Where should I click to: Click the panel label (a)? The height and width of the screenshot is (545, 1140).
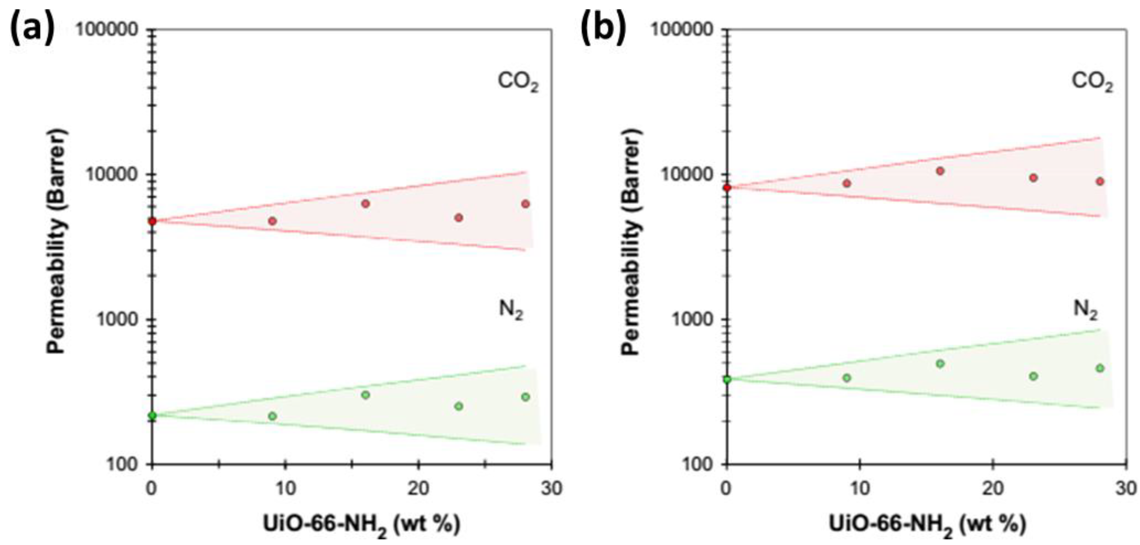point(32,28)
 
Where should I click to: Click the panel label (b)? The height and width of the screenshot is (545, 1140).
point(603,28)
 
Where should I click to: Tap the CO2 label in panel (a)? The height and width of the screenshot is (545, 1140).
point(518,82)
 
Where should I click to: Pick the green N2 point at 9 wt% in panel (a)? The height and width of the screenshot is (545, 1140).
point(273,416)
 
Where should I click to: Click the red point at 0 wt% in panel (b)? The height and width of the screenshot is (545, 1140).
point(727,188)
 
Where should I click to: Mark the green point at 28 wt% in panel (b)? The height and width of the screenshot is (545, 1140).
point(1100,368)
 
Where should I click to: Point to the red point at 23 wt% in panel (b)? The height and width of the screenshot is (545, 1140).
point(1033,178)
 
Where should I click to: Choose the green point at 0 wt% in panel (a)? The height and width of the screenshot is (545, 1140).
point(152,416)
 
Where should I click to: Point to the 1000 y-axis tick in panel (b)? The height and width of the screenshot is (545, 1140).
point(693,319)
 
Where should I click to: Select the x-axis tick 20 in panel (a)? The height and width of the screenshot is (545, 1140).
point(418,489)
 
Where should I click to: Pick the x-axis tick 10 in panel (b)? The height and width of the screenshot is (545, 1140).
point(860,489)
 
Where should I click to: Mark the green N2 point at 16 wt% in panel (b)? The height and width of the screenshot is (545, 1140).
point(940,363)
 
